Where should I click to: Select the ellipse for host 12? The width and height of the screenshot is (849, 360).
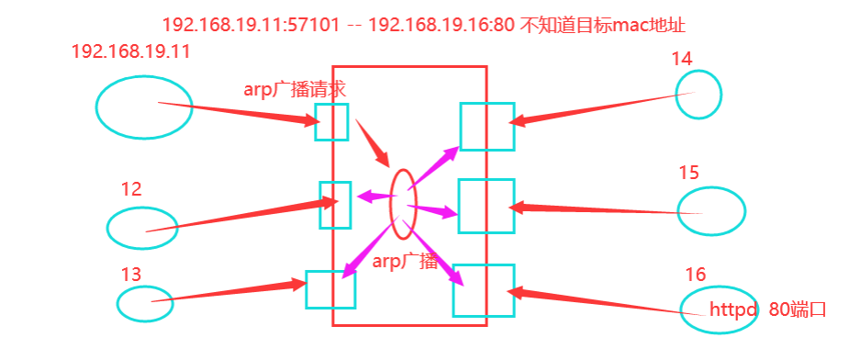pyautogui.click(x=141, y=228)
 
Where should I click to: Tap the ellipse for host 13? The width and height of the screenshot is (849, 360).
pyautogui.click(x=145, y=304)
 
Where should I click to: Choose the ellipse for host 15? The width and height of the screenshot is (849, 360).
pyautogui.click(x=710, y=210)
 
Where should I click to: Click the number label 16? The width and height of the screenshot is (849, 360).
pyautogui.click(x=696, y=275)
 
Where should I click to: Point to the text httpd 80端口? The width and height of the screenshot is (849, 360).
pyautogui.click(x=767, y=309)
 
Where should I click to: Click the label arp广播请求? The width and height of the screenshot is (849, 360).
pyautogui.click(x=295, y=89)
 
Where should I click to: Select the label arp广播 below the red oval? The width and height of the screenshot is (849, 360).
pyautogui.click(x=405, y=261)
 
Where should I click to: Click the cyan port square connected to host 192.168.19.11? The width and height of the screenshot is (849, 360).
pyautogui.click(x=331, y=121)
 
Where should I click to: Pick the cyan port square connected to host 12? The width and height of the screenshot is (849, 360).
pyautogui.click(x=335, y=205)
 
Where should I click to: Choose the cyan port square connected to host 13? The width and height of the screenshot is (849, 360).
pyautogui.click(x=330, y=289)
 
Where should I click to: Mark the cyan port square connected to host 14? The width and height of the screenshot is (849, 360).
pyautogui.click(x=486, y=126)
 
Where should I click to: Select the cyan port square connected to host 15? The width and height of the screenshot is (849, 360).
pyautogui.click(x=486, y=206)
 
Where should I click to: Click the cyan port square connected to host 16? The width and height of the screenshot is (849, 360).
pyautogui.click(x=484, y=290)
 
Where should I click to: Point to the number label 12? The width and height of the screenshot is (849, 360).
pyautogui.click(x=131, y=189)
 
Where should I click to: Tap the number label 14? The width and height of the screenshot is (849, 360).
pyautogui.click(x=681, y=59)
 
